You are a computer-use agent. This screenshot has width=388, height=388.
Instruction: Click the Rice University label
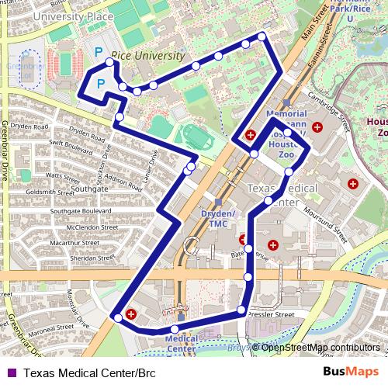148,57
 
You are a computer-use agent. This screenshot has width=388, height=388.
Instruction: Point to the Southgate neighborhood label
89,189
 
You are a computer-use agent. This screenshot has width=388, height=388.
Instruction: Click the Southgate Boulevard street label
81,210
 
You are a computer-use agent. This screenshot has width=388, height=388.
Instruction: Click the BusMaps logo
351,372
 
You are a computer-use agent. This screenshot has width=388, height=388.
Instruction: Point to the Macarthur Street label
74,243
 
